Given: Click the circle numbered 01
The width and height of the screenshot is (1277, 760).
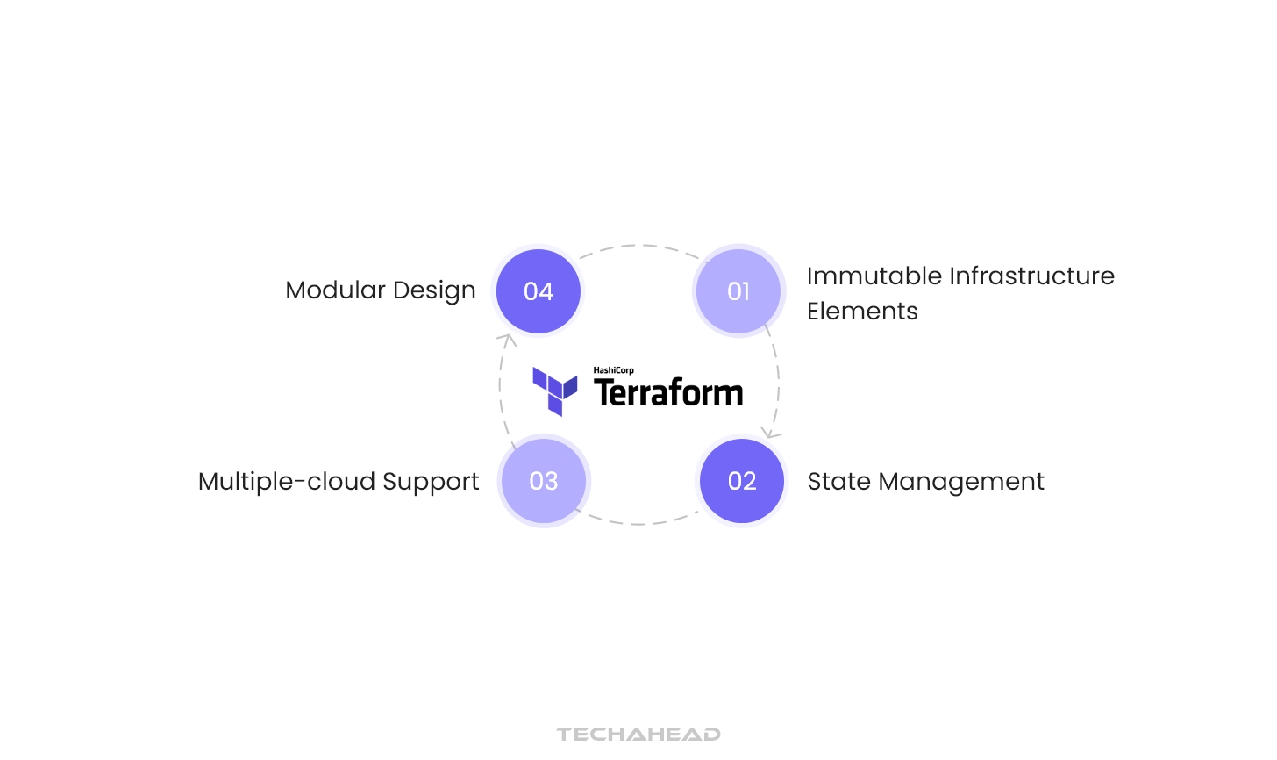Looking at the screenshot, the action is [x=738, y=291].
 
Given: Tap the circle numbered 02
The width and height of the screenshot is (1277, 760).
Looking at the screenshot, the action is [x=742, y=481].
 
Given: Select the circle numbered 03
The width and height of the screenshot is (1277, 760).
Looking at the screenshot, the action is [x=544, y=481].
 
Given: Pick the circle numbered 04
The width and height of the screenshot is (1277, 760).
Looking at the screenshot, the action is [x=539, y=291].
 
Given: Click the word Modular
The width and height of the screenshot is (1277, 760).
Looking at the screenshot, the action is [x=335, y=290].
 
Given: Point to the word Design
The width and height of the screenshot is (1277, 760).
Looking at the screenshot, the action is [x=434, y=291].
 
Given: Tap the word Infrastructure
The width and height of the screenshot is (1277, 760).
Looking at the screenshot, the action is [x=1032, y=276].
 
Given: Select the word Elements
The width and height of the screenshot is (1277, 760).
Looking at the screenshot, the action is [x=862, y=312].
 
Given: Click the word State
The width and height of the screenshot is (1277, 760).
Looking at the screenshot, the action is [x=838, y=482].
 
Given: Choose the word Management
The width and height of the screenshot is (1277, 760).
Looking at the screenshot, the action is [x=961, y=483].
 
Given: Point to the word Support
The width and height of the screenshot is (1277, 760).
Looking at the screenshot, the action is [x=431, y=483].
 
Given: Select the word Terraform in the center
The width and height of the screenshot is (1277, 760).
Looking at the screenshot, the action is [x=668, y=393].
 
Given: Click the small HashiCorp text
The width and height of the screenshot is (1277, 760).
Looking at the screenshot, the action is [x=613, y=370].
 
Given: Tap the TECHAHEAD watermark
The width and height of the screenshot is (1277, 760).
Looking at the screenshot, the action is [x=638, y=734].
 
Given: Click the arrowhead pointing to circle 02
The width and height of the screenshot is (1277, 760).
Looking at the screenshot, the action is [x=769, y=433].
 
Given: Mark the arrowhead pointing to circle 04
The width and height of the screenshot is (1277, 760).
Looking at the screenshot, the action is [x=506, y=340].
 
